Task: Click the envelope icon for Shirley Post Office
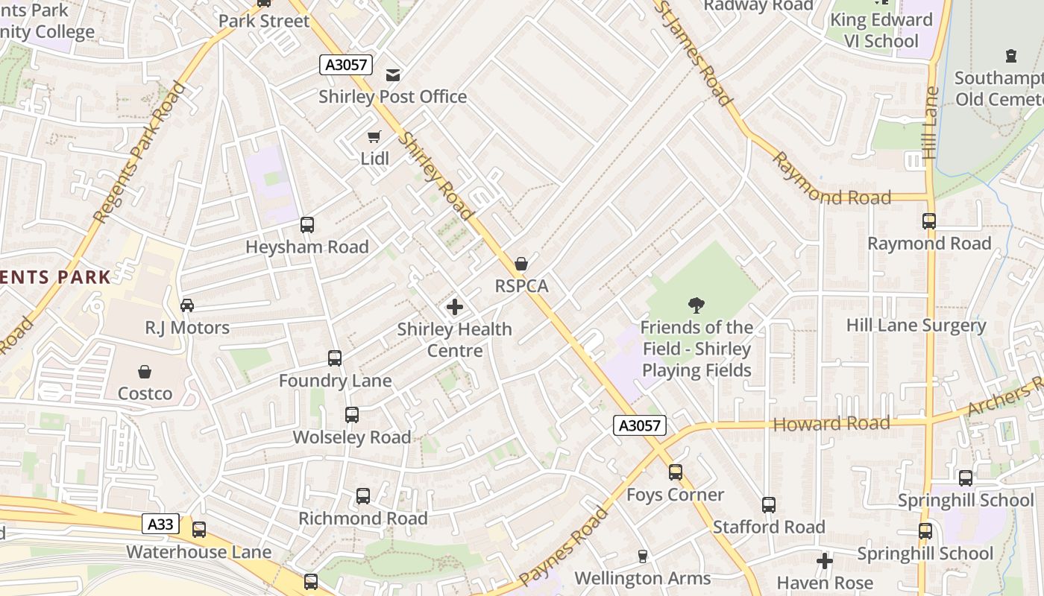pyautogui.click(x=393, y=74)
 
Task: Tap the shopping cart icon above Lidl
pyautogui.click(x=374, y=136)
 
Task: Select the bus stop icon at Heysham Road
pyautogui.click(x=306, y=224)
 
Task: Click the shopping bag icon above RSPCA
pyautogui.click(x=521, y=264)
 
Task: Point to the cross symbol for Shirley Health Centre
pyautogui.click(x=454, y=307)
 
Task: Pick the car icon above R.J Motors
pyautogui.click(x=187, y=305)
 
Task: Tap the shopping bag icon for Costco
pyautogui.click(x=145, y=371)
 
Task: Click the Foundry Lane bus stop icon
pyautogui.click(x=335, y=358)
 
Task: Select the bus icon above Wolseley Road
pyautogui.click(x=351, y=415)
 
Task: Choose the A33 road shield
pyautogui.click(x=160, y=524)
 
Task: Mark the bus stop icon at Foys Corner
pyautogui.click(x=675, y=472)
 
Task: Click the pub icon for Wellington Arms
pyautogui.click(x=642, y=556)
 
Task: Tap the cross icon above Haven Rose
pyautogui.click(x=824, y=560)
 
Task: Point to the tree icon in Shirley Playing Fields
pyautogui.click(x=696, y=305)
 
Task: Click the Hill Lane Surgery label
pyautogui.click(x=916, y=326)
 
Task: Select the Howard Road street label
pyautogui.click(x=831, y=424)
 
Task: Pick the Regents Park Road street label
pyautogui.click(x=139, y=153)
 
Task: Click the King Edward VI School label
pyautogui.click(x=881, y=30)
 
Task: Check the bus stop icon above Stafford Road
pyautogui.click(x=769, y=505)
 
